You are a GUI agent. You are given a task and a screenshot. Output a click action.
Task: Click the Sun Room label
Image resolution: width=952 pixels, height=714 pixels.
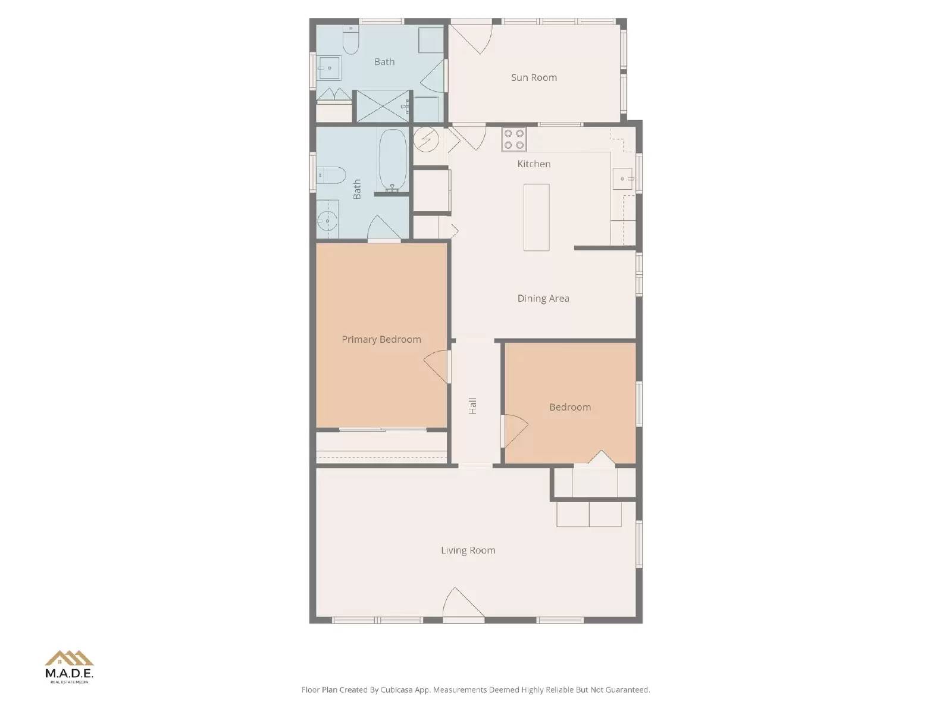(x=534, y=77)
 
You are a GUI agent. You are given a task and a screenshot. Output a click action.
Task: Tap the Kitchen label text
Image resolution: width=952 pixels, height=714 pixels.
(x=534, y=164)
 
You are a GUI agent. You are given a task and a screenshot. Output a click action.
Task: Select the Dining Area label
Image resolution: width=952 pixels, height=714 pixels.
(x=543, y=299)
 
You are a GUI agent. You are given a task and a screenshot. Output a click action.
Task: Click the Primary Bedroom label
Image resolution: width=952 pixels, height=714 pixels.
(x=381, y=339)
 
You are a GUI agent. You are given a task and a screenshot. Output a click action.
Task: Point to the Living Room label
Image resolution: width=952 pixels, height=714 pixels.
(x=468, y=550)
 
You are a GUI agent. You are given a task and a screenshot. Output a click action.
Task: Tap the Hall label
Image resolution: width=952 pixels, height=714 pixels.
(x=473, y=406)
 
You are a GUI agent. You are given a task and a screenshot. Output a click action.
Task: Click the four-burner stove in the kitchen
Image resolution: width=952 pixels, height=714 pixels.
(x=513, y=139)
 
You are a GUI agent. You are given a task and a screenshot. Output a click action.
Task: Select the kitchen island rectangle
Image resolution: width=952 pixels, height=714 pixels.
(x=536, y=217)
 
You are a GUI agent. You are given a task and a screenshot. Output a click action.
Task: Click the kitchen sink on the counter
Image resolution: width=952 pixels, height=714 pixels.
(x=623, y=178)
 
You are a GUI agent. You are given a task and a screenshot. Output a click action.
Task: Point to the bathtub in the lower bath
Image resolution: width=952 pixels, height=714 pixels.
(x=393, y=159)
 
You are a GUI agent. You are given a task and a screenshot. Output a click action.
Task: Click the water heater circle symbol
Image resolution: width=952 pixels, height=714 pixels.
(x=426, y=139)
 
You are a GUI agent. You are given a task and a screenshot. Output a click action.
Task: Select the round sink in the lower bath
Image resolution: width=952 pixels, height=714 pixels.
(x=327, y=221)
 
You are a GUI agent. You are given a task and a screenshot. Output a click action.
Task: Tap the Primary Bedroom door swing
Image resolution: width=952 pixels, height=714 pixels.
(x=437, y=364)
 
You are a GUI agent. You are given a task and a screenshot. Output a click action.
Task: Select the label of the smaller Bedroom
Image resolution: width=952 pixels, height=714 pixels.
(x=570, y=408)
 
